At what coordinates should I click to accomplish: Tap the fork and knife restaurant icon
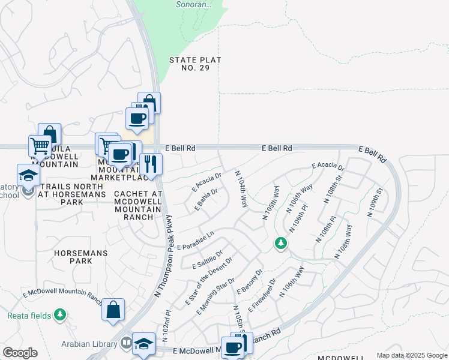[151, 163]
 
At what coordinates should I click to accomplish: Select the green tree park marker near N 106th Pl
[280, 244]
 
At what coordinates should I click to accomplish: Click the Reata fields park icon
[59, 314]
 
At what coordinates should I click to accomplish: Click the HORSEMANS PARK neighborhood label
[81, 257]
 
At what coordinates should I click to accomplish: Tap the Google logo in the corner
[20, 353]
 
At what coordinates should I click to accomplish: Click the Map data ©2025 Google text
[412, 355]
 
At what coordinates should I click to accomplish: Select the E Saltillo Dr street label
[208, 260]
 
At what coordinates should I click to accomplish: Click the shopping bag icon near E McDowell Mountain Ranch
[113, 310]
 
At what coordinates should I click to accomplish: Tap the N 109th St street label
[376, 199]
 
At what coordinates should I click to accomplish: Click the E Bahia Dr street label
[205, 200]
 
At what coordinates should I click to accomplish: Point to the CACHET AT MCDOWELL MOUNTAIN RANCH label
[138, 205]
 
